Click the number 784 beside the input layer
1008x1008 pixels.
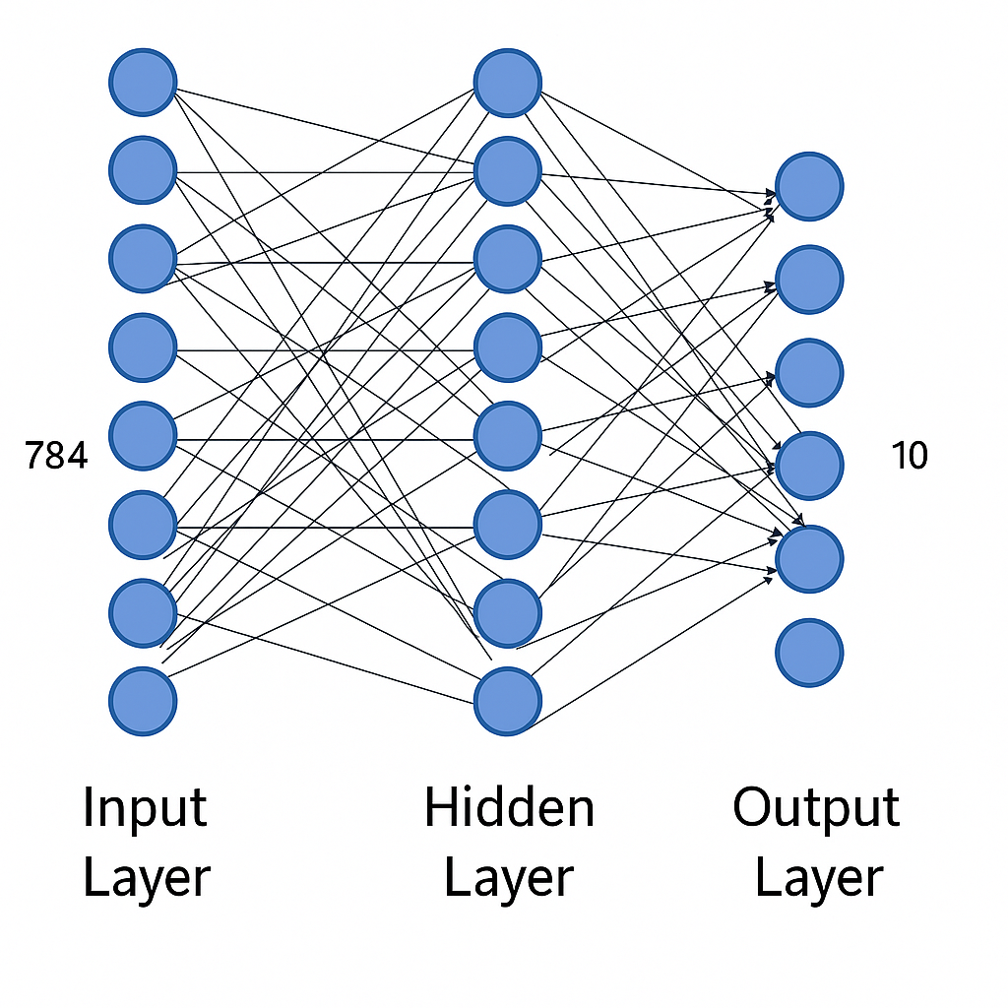[x=56, y=456]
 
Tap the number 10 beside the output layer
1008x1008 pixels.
[x=909, y=456]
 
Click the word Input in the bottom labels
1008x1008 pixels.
[x=145, y=810]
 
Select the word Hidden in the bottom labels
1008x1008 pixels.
[x=509, y=809]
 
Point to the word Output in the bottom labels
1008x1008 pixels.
[x=816, y=810]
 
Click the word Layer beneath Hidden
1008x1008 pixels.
[x=509, y=878]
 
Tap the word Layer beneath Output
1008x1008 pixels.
[x=818, y=878]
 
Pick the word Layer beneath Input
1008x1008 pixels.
[x=147, y=878]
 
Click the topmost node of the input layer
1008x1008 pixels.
[x=143, y=84]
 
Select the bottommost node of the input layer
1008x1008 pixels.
[x=143, y=702]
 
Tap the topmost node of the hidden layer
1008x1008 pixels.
[x=508, y=83]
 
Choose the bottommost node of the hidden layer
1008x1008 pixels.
[x=508, y=702]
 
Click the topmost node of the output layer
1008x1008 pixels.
[x=809, y=186]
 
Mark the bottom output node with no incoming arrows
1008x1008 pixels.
[x=809, y=652]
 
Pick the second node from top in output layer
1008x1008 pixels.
[x=809, y=280]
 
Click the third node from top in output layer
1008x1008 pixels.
[x=809, y=373]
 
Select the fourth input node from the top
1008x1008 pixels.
[x=143, y=347]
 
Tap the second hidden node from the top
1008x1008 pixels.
[x=508, y=171]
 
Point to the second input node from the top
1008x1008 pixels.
[x=143, y=171]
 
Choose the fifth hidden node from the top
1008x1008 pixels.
[x=508, y=436]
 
